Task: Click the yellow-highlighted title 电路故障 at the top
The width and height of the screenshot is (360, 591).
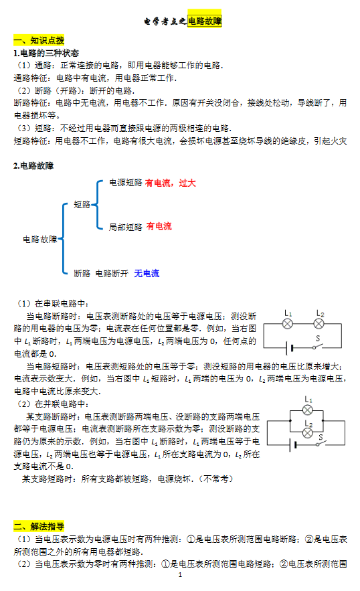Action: coord(205,21)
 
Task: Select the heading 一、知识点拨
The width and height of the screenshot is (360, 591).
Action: coord(39,40)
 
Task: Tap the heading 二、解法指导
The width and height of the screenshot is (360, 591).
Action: coord(39,526)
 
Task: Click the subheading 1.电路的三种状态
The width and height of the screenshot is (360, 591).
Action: coord(46,53)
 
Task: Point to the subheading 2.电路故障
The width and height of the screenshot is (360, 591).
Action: coord(33,166)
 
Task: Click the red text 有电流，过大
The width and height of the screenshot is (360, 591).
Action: coord(171,183)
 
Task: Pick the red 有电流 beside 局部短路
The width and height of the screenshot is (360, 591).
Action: coord(159,226)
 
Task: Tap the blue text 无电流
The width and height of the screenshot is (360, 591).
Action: coord(147,273)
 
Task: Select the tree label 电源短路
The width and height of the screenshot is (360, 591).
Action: coord(126,183)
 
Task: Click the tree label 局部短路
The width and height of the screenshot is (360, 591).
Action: coord(126,227)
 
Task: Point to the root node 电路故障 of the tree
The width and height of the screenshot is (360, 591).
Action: coord(40,240)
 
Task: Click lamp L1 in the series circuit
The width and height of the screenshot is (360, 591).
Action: coord(288,323)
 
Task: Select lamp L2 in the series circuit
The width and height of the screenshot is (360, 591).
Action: coord(319,323)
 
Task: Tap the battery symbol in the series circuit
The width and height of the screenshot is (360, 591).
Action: coord(290,348)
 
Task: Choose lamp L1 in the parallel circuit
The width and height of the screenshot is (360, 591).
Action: coord(308,410)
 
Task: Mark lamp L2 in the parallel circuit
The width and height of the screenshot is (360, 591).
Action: coord(308,433)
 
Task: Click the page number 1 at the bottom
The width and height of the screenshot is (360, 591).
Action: coord(180,575)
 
